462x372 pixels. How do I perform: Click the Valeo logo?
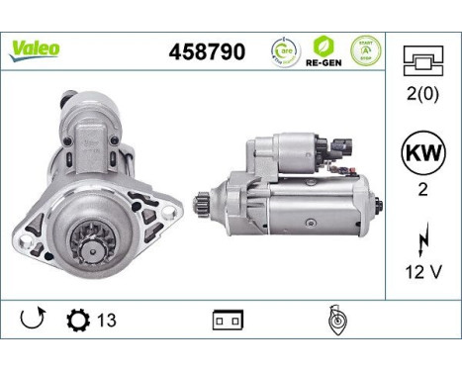click(x=36, y=47)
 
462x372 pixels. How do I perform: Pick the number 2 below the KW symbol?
click(x=423, y=193)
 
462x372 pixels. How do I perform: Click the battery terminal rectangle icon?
click(x=227, y=322)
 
